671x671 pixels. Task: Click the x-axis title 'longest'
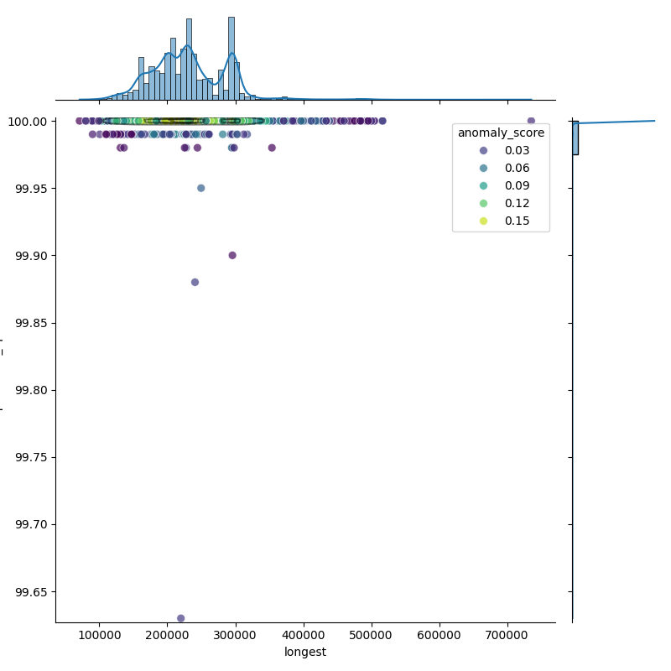tap(305, 652)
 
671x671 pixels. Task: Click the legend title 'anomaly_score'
tap(501, 133)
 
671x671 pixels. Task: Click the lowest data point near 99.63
tap(180, 618)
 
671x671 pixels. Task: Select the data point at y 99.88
tap(195, 282)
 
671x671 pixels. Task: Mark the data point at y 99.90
tap(232, 255)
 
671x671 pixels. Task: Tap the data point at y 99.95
tap(200, 188)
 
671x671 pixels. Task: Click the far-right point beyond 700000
tap(531, 121)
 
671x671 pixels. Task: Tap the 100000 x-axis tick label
tap(100, 635)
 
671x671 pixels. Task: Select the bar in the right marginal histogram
tap(575, 138)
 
